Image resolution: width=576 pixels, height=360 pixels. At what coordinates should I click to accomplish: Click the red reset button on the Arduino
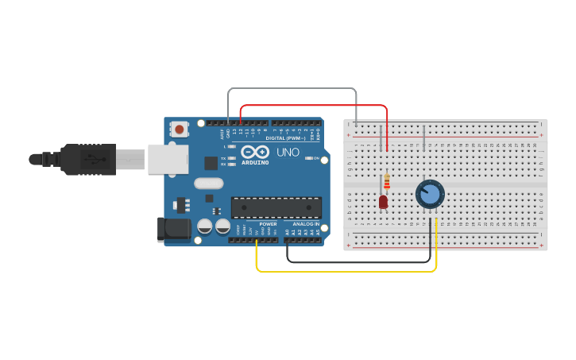180,129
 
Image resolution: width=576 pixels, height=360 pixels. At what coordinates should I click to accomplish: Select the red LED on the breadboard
383,202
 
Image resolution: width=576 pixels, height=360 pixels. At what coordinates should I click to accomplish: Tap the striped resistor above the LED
387,182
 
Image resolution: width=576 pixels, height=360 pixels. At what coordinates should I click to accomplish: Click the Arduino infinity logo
255,152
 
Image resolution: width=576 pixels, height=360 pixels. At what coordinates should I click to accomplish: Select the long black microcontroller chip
276,207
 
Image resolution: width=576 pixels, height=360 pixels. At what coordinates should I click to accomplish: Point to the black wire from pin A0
358,261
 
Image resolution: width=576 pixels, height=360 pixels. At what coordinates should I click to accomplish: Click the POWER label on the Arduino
268,224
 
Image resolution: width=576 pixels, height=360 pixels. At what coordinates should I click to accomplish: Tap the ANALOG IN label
305,224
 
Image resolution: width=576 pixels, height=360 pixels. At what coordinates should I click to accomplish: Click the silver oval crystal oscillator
209,184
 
